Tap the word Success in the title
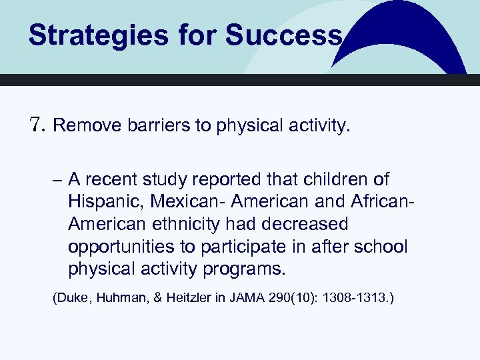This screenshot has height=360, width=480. click(283, 35)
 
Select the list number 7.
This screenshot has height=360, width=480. click(37, 125)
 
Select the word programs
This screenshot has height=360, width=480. click(247, 269)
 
